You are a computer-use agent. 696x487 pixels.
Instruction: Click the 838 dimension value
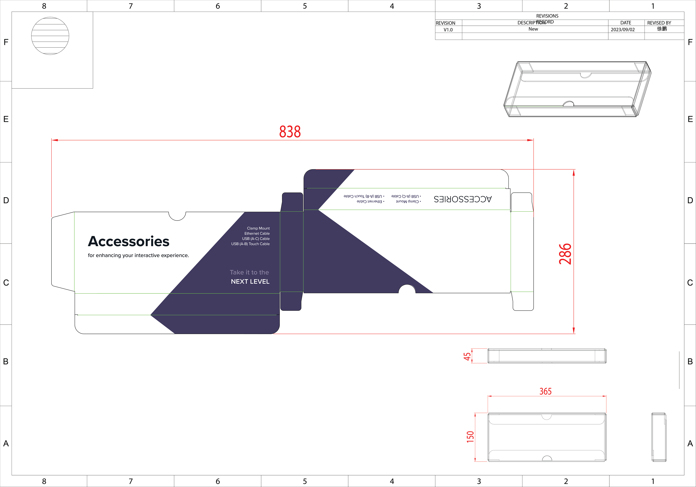pos(290,132)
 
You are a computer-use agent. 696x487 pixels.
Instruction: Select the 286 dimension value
pos(565,254)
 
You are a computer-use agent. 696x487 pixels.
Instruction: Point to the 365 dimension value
pos(545,391)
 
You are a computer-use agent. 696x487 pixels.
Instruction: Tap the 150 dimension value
pos(470,437)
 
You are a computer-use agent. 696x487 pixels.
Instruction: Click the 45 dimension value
pos(467,356)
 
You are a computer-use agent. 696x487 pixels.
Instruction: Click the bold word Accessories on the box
pos(129,241)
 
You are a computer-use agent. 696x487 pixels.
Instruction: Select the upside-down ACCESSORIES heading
pos(463,199)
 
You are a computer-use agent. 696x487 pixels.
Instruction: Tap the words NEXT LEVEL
pos(250,281)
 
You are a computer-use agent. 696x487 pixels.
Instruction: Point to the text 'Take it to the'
pos(249,272)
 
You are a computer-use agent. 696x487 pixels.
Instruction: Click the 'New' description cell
pos(533,29)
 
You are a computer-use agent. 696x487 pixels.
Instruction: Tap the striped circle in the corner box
pos(50,36)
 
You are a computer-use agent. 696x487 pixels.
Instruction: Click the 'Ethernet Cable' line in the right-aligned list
pos(257,233)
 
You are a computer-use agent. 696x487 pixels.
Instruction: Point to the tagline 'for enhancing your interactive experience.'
pos(138,255)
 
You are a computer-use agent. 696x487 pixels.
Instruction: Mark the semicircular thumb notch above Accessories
pos(177,216)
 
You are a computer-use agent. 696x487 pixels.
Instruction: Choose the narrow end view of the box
pos(659,437)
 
